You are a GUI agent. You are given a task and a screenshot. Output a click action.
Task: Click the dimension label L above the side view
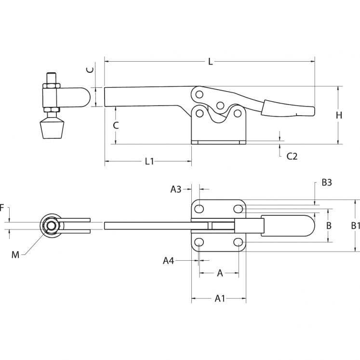(x=210, y=61)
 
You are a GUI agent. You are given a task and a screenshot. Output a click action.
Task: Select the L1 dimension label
(x=149, y=161)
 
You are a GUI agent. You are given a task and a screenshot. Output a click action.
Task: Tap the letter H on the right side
(x=339, y=115)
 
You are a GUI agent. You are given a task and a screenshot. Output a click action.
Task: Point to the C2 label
(x=292, y=156)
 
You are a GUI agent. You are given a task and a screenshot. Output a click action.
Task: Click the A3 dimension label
(x=176, y=189)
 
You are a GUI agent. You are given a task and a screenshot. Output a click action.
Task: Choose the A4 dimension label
(x=168, y=261)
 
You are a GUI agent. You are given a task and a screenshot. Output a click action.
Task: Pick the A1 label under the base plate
(x=220, y=299)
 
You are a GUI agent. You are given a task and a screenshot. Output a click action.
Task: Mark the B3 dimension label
(x=327, y=183)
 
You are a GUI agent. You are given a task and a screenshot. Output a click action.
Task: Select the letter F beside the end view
(x=2, y=208)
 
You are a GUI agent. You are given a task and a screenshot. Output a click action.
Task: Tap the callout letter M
(x=15, y=254)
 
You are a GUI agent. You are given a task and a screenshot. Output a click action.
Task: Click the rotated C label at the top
(x=90, y=70)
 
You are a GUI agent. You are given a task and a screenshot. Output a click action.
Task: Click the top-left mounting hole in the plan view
(x=199, y=209)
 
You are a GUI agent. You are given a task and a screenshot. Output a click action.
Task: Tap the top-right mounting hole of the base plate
(x=238, y=209)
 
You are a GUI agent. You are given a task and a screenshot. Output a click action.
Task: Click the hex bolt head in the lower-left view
(x=50, y=226)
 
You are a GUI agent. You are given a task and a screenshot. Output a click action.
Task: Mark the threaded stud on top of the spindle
(x=50, y=78)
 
